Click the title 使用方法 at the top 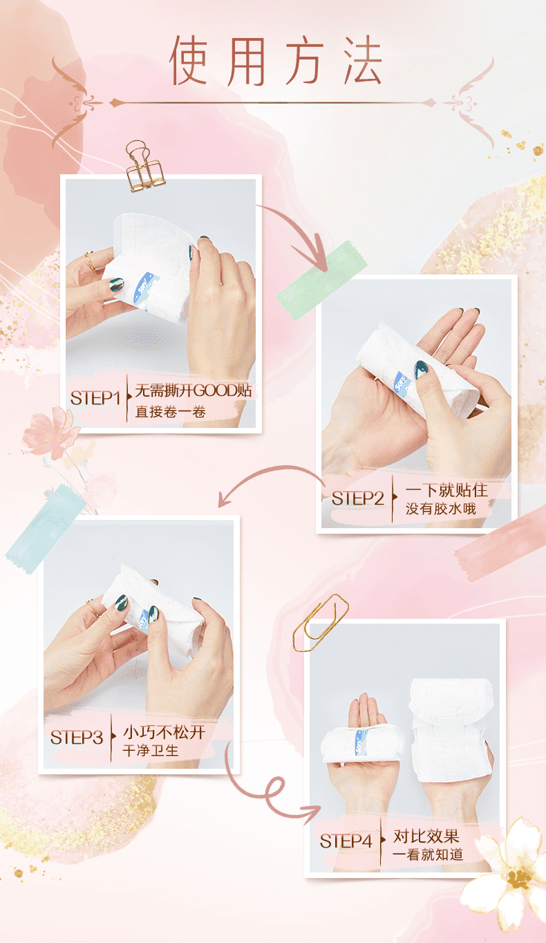click(276, 60)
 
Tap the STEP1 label click(95, 398)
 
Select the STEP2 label click(357, 498)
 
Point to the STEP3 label click(77, 737)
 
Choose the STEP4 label click(346, 841)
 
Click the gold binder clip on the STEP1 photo click(144, 167)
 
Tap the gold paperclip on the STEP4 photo click(321, 623)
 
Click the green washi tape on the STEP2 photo click(321, 279)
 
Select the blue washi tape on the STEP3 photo click(46, 529)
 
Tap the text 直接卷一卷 click(170, 411)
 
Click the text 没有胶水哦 click(441, 509)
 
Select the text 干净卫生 click(151, 750)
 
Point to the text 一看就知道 click(428, 855)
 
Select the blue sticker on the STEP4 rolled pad click(361, 743)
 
